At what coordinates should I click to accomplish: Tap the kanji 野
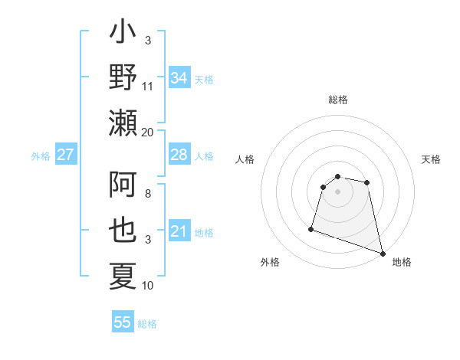click(x=123, y=77)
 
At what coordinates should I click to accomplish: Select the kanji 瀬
click(x=123, y=122)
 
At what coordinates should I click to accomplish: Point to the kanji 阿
click(x=123, y=188)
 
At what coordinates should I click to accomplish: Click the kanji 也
click(x=123, y=231)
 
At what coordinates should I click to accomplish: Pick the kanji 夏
click(x=123, y=276)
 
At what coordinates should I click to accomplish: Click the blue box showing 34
click(x=179, y=78)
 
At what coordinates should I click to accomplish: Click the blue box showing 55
click(x=123, y=322)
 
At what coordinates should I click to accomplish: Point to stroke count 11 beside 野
click(x=148, y=86)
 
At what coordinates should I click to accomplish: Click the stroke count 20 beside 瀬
click(x=148, y=131)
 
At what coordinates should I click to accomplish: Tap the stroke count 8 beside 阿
click(x=148, y=195)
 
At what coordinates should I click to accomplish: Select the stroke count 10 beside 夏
click(x=148, y=286)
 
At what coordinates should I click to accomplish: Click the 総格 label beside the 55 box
click(x=147, y=323)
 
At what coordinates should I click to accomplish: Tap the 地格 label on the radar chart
click(x=402, y=262)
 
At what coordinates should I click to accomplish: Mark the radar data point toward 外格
click(x=311, y=228)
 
